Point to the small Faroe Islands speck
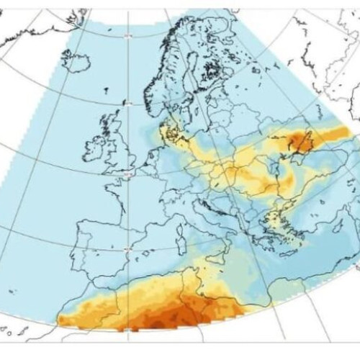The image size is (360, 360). [x=106, y=91]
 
